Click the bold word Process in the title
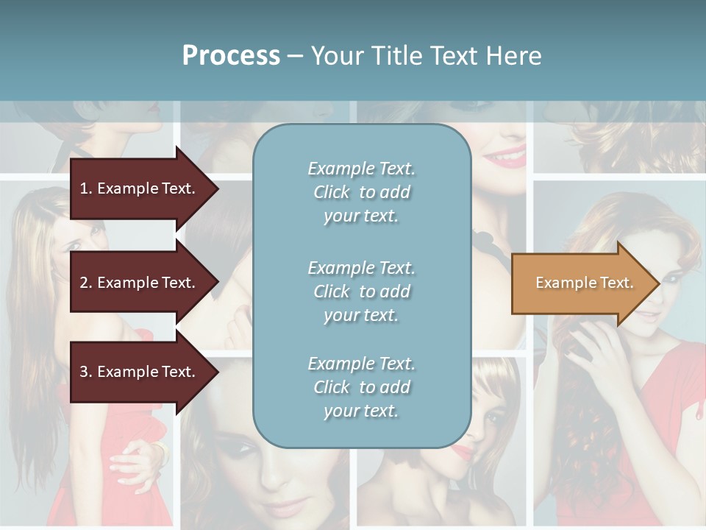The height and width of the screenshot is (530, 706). click(231, 56)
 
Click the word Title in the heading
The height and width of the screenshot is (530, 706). click(393, 56)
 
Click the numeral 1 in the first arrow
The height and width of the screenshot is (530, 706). click(84, 188)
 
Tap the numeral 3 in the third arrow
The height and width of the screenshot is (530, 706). click(84, 372)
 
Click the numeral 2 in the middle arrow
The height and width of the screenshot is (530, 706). click(84, 283)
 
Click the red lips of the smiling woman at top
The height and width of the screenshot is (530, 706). click(507, 155)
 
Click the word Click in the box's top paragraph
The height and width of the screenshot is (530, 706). click(332, 192)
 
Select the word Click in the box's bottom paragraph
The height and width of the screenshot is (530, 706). click(332, 387)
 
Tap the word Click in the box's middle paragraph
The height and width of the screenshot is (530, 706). click(332, 291)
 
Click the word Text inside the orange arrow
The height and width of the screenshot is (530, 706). click(616, 283)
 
